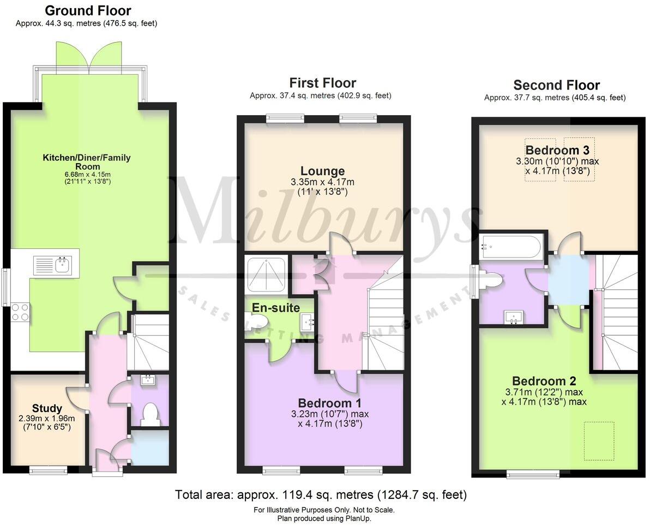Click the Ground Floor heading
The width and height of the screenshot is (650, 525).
coord(87,10)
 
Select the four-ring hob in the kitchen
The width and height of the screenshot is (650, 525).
coord(20,312)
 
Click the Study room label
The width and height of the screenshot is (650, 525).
coord(47,408)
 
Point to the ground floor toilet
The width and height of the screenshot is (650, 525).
coord(149,415)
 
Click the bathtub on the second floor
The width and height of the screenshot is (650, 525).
coord(510,247)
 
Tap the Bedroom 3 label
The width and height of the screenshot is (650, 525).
coord(552,150)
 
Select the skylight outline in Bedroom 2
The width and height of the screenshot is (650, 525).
coord(599,441)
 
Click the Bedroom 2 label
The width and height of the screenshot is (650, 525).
coord(544,381)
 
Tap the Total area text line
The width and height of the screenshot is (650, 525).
coord(321,495)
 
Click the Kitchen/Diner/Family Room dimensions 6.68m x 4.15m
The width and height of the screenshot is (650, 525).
coord(87,174)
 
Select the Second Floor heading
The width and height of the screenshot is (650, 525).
coord(556,85)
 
